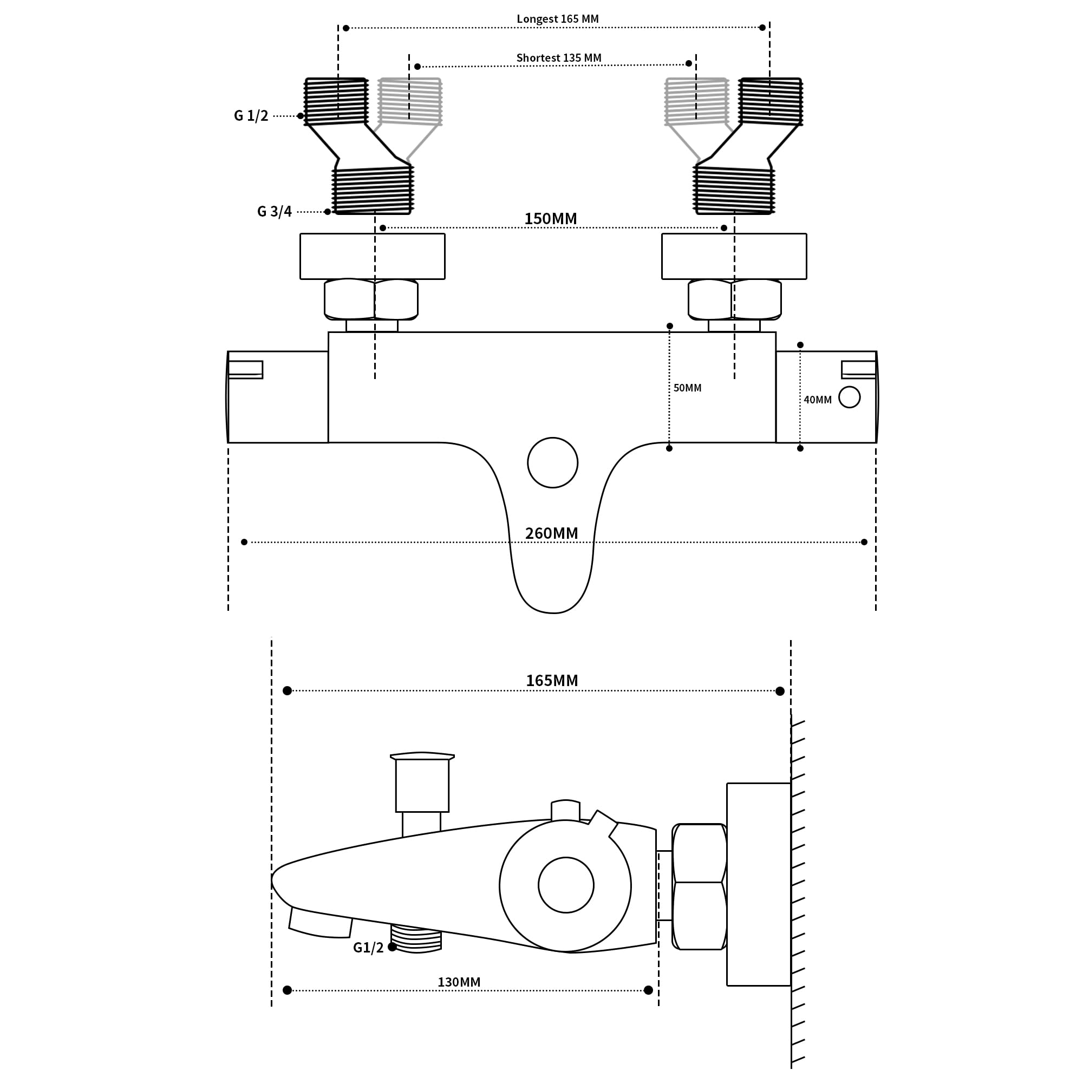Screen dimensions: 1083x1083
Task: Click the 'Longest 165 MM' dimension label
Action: [557, 19]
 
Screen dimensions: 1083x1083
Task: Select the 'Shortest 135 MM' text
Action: [558, 58]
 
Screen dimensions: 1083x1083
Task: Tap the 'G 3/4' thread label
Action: [274, 211]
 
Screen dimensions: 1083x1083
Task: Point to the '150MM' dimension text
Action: [550, 219]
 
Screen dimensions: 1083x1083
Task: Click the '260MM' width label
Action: [551, 533]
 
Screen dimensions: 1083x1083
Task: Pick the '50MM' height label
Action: [687, 388]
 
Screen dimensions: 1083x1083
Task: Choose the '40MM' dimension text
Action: [817, 400]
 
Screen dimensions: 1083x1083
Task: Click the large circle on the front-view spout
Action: [552, 462]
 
